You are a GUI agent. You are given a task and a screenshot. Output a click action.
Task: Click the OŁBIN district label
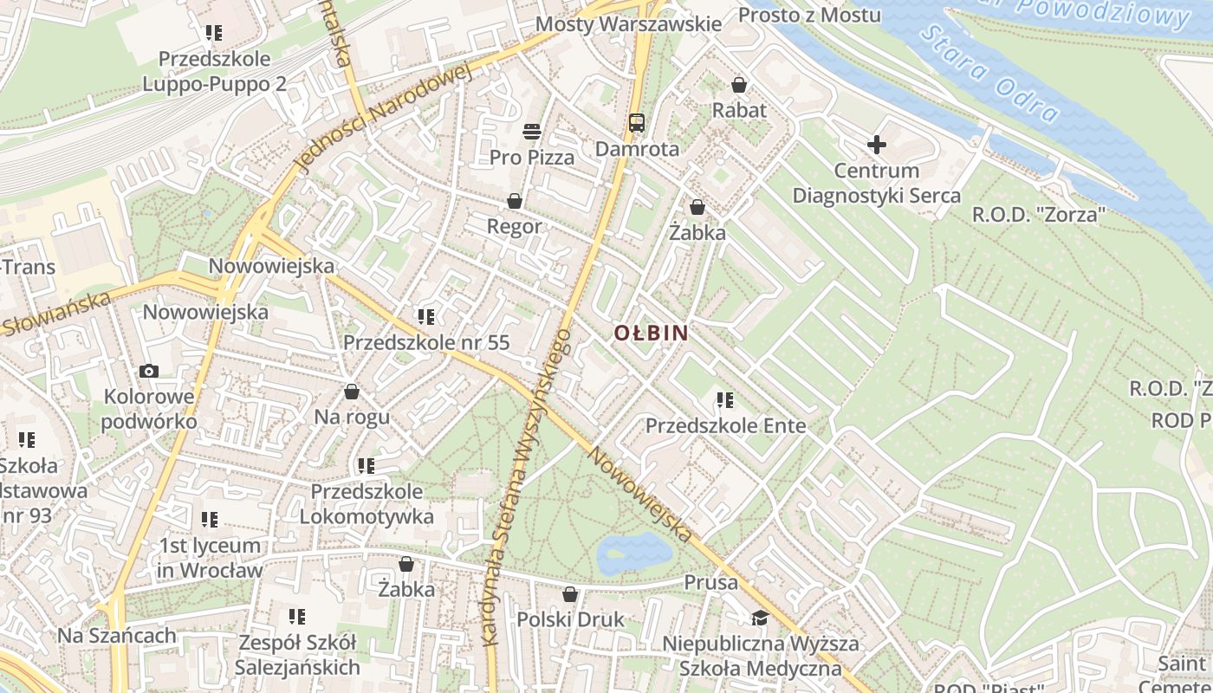[651, 333]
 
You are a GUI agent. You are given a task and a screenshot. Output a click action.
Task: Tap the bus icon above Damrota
[637, 122]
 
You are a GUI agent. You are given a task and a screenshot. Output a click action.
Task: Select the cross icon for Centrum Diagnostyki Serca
[877, 145]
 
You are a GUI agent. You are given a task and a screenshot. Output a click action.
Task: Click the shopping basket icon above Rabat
[739, 85]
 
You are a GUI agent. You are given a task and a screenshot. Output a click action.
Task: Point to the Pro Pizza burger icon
[532, 132]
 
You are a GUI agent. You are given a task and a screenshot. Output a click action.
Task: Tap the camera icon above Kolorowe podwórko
[149, 372]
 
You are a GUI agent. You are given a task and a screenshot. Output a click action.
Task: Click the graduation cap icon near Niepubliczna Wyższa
[760, 618]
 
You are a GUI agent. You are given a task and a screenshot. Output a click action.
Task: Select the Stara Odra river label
[989, 73]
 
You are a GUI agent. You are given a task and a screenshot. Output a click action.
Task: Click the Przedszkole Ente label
[726, 426]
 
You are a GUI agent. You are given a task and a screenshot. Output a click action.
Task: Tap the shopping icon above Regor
[515, 202]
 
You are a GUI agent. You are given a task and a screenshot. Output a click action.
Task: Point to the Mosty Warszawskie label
[628, 23]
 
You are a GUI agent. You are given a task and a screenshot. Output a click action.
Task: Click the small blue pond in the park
[635, 554]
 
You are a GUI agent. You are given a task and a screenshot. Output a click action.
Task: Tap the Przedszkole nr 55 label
[426, 342]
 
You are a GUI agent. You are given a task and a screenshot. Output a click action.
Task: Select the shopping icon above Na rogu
[352, 392]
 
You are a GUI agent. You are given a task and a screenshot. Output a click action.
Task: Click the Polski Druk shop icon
[570, 594]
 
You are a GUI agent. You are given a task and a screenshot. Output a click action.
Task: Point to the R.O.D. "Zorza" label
[1039, 214]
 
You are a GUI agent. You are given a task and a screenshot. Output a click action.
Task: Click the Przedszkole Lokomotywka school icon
[366, 466]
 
